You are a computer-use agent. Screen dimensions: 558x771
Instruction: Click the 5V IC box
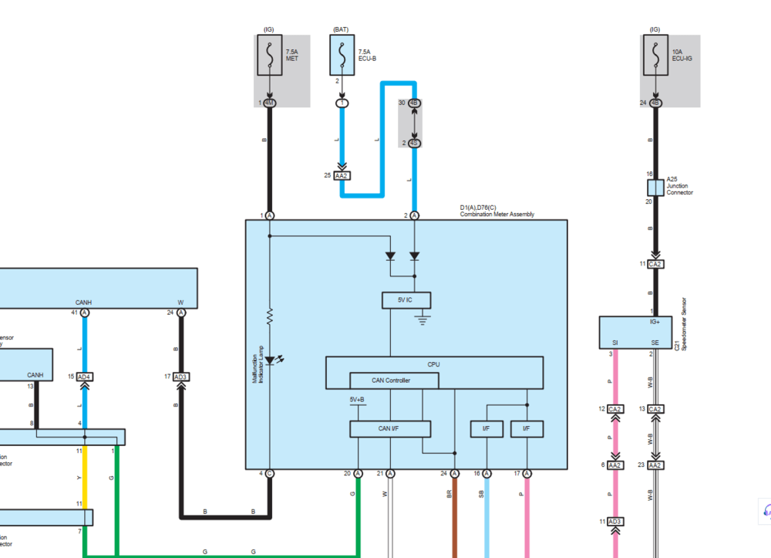pos(406,301)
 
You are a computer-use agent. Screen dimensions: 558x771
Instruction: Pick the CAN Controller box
pos(394,380)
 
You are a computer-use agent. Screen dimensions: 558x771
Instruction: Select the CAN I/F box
pos(390,429)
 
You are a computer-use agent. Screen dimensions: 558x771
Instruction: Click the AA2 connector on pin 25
pos(342,175)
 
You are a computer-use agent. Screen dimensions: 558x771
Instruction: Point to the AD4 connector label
pos(85,377)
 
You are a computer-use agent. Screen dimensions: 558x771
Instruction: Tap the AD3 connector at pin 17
pos(181,377)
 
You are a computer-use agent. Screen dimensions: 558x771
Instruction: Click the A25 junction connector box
pos(655,188)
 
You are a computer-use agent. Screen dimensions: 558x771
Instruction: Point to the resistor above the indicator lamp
pos(270,316)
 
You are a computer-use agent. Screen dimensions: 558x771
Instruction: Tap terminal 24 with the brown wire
pos(455,473)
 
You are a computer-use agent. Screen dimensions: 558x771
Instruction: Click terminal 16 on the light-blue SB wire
pos(487,473)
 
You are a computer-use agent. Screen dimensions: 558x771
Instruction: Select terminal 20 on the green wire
pos(359,473)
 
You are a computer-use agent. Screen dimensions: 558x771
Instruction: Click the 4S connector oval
pos(414,143)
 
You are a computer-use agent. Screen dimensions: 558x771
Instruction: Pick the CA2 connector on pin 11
pos(655,264)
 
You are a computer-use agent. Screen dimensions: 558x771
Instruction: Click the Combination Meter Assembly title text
pos(497,215)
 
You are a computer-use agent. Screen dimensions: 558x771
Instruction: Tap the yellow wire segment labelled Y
pos(85,479)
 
